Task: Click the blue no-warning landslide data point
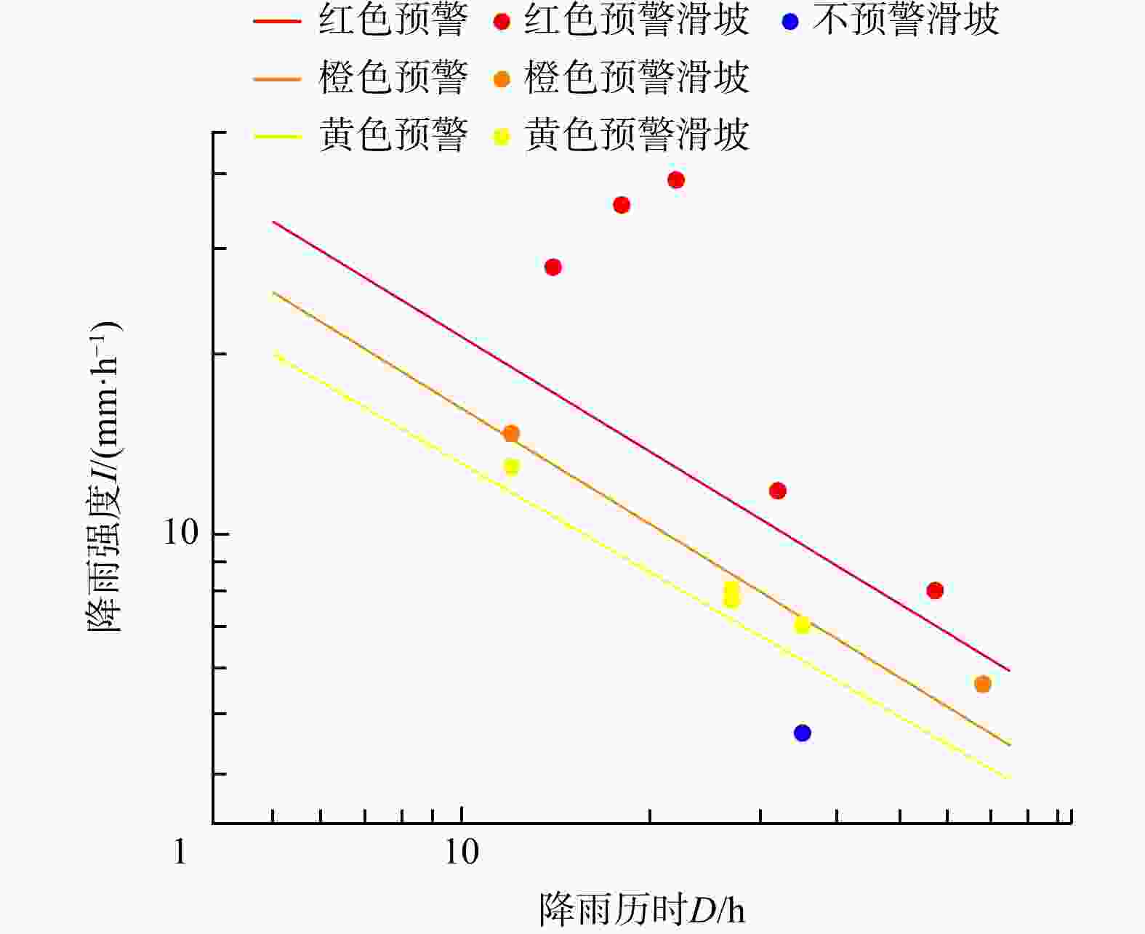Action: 802,733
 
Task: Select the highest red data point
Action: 676,180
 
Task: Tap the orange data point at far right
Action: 982,684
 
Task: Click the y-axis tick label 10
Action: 180,533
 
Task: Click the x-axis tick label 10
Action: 461,852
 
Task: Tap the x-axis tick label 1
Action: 180,852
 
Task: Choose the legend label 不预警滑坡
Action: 906,20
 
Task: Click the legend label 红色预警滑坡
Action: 636,20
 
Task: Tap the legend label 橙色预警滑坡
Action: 636,78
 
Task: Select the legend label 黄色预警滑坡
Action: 636,134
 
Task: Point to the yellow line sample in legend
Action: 276,136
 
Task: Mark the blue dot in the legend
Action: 790,22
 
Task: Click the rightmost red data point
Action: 935,590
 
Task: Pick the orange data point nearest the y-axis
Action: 511,434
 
